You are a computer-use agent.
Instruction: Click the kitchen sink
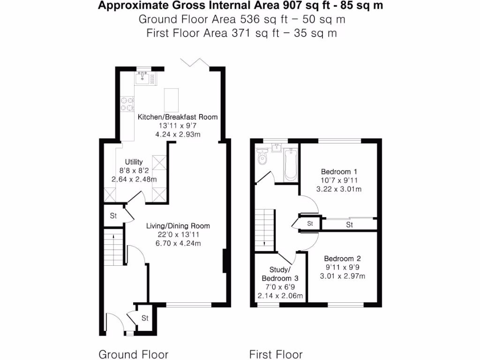[x=143, y=79]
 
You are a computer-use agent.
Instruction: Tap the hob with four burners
[x=127, y=104]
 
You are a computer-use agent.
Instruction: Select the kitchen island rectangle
[x=172, y=99]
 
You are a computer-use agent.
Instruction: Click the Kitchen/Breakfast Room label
[x=177, y=117]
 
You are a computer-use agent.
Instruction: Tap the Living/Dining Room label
[x=178, y=226]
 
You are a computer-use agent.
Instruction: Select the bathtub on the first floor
[x=291, y=165]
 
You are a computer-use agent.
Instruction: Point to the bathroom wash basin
[x=276, y=150]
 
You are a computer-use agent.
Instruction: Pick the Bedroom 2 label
[x=342, y=259]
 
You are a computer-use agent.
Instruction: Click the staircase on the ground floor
[x=112, y=247]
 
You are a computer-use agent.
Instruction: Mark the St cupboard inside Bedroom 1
[x=349, y=225]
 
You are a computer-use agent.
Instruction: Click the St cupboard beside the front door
[x=145, y=318]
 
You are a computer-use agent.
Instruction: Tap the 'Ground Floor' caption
[x=133, y=354]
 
